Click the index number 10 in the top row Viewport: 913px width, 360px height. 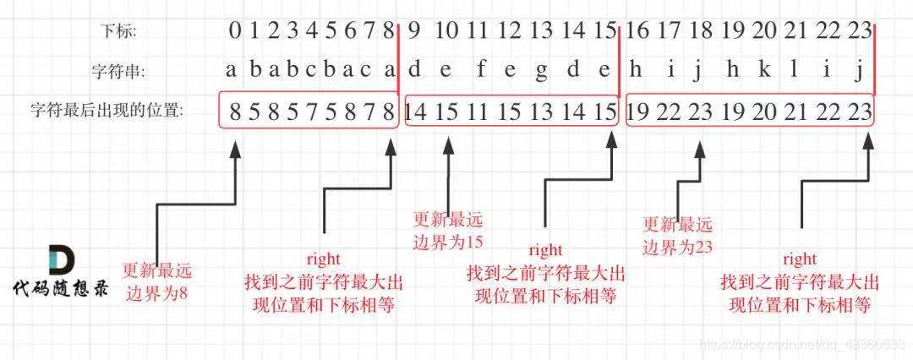447,31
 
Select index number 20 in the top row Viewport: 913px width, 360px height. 763,31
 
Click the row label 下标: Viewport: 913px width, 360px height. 118,32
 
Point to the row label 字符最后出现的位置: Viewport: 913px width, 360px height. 107,110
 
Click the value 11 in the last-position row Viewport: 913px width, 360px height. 478,110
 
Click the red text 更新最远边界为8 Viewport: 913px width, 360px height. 157,282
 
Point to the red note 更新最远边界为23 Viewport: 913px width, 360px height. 677,235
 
